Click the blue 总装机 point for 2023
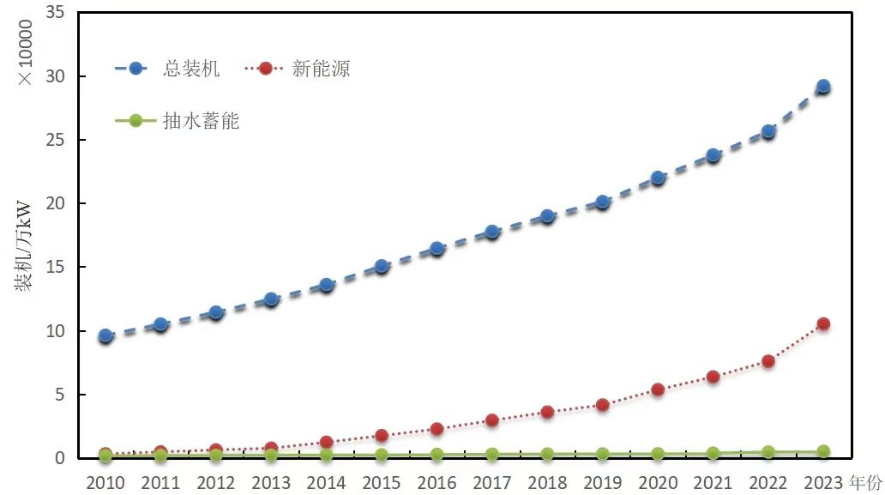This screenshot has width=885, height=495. click(x=822, y=87)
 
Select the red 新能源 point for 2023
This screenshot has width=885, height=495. click(x=822, y=323)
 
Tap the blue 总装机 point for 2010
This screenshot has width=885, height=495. click(x=105, y=335)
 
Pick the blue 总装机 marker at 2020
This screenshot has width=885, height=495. click(x=658, y=178)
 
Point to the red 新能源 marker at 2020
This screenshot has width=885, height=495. click(x=658, y=389)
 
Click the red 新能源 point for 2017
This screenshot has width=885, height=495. click(x=492, y=420)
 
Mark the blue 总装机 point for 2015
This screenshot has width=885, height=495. click(x=382, y=266)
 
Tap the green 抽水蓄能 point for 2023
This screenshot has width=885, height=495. click(x=822, y=451)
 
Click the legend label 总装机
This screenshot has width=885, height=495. click(x=191, y=69)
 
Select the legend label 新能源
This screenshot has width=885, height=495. click(x=321, y=69)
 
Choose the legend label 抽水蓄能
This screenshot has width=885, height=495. click(x=202, y=121)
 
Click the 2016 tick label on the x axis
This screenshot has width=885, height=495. click(x=436, y=482)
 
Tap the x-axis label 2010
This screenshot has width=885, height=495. click(x=105, y=482)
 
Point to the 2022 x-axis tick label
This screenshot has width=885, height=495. click(x=768, y=482)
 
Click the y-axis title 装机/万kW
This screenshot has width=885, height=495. click(x=22, y=246)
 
